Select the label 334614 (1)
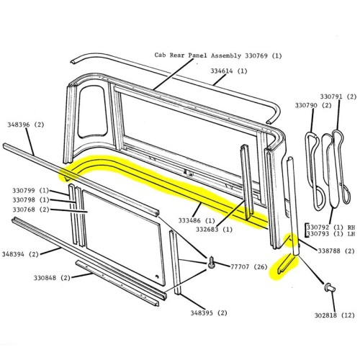[230, 71]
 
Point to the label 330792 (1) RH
[333, 225]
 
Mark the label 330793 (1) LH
[333, 233]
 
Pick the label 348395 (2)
[209, 312]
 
